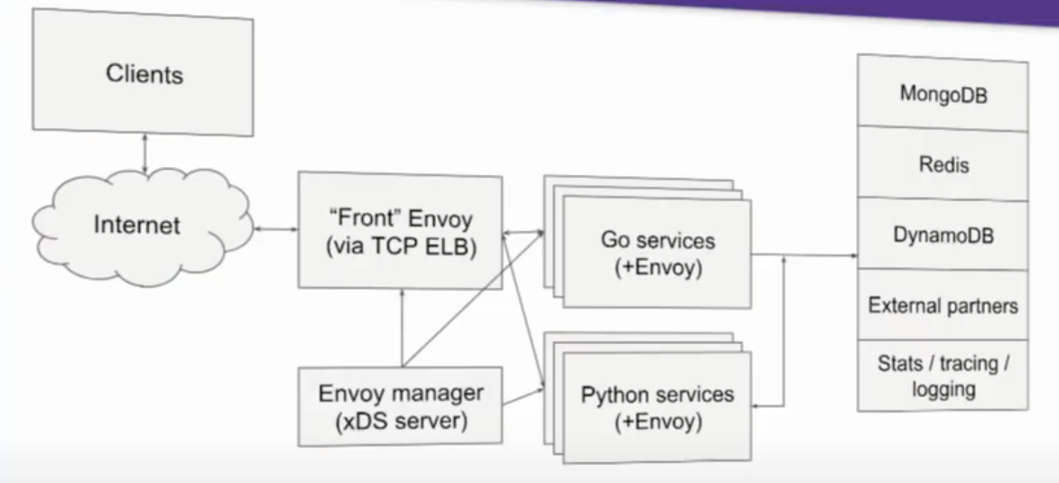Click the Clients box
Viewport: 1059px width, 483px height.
click(144, 75)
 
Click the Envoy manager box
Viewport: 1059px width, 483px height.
click(399, 407)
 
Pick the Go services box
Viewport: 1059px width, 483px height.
click(657, 253)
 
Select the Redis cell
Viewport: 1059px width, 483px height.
click(942, 165)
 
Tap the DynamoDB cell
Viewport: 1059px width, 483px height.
click(942, 235)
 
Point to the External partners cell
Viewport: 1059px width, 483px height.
click(942, 305)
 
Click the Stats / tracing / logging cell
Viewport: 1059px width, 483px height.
click(942, 376)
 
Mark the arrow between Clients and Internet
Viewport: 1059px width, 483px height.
click(144, 154)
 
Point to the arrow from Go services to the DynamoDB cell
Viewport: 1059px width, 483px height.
click(804, 255)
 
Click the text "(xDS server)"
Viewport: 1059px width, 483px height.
click(399, 421)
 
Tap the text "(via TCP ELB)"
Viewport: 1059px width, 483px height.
click(399, 246)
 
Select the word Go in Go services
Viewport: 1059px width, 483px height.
click(614, 240)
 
